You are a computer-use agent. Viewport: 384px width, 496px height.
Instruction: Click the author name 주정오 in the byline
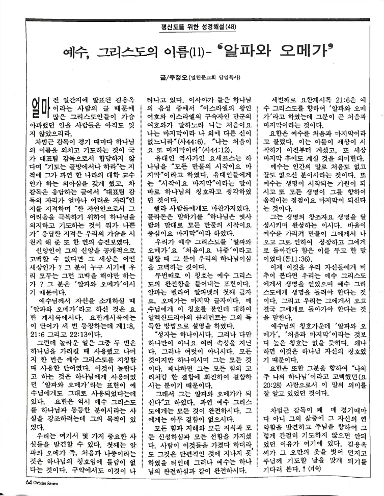177,78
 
